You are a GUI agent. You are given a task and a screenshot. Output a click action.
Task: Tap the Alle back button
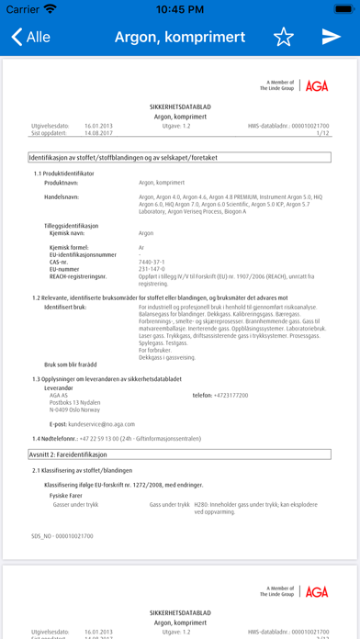(x=31, y=37)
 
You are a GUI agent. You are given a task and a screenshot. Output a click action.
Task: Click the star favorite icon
(x=284, y=37)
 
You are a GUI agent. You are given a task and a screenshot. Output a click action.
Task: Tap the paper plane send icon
(x=331, y=37)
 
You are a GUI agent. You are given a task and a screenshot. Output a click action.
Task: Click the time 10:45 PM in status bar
(x=180, y=8)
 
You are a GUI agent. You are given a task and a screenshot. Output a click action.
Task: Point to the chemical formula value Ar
(x=141, y=247)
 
